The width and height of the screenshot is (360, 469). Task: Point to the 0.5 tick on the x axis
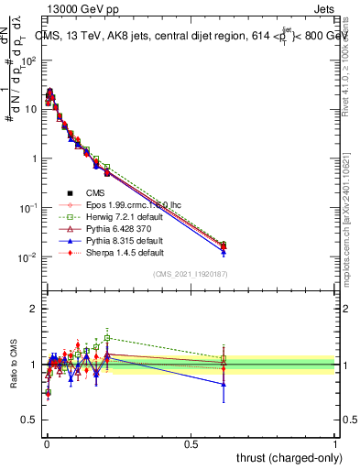tap(191, 444)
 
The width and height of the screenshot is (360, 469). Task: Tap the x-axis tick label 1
tap(335, 444)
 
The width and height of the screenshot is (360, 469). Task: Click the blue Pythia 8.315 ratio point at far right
tap(224, 385)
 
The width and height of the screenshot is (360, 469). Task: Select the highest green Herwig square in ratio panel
tap(107, 337)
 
